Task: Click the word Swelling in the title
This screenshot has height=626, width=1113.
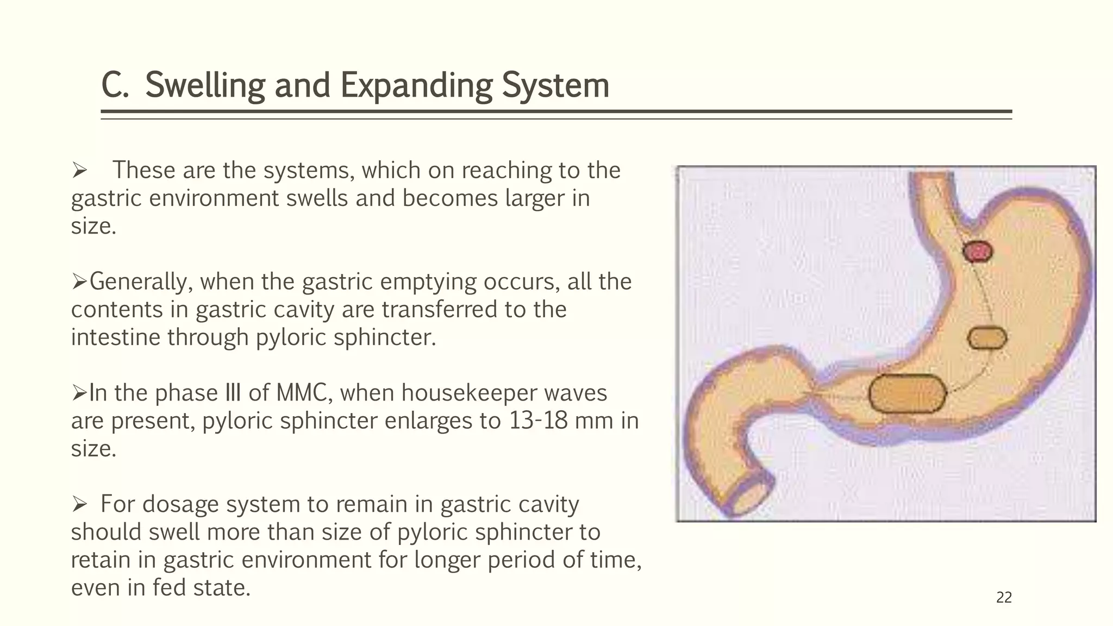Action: click(x=205, y=86)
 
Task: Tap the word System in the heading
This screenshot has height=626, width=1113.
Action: click(x=555, y=86)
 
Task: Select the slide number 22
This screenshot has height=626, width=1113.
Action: click(x=1004, y=598)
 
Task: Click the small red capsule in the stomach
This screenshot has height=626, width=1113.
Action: click(x=978, y=252)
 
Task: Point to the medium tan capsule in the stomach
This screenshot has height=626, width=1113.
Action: click(x=987, y=339)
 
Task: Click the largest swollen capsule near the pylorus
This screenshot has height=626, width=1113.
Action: click(x=907, y=393)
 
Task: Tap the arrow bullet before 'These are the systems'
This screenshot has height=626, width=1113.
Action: click(x=79, y=171)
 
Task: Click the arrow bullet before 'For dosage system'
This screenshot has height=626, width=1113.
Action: click(x=79, y=505)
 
